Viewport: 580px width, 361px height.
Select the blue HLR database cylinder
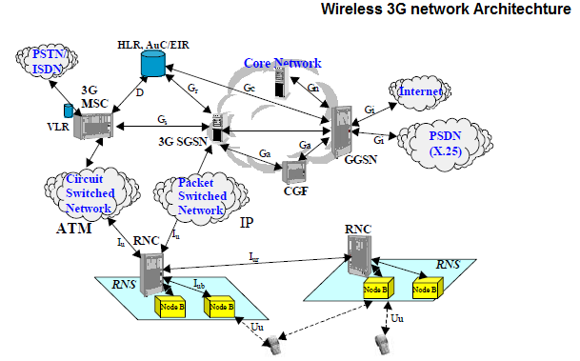pyautogui.click(x=150, y=64)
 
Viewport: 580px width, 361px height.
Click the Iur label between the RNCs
pyautogui.click(x=253, y=256)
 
